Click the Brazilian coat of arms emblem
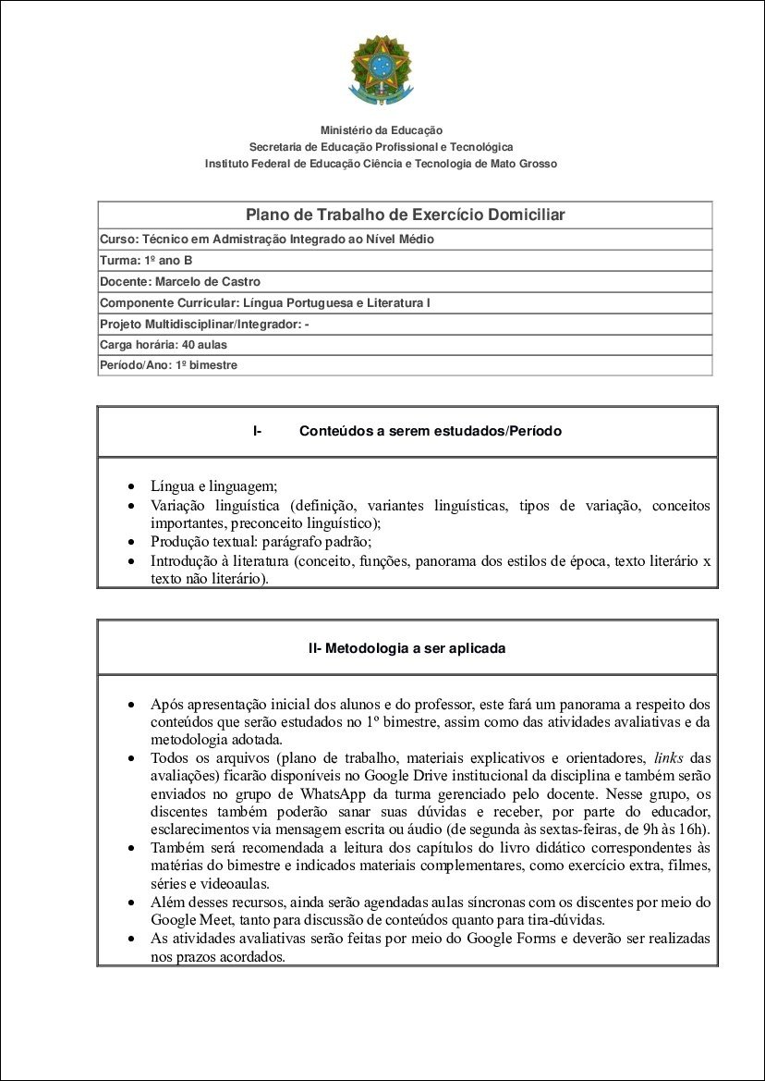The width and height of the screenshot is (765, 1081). click(381, 69)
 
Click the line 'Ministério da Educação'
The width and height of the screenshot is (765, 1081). click(381, 130)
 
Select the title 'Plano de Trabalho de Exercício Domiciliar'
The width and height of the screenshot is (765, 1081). click(405, 215)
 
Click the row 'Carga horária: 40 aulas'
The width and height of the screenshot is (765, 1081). click(163, 344)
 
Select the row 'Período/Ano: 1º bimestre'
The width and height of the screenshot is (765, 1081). click(168, 365)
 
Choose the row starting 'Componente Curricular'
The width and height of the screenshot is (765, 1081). click(265, 302)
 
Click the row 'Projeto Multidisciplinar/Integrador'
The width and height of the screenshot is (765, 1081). click(204, 324)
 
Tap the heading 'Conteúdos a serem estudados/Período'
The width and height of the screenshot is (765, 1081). click(430, 431)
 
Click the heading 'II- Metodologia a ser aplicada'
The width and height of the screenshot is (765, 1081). click(407, 648)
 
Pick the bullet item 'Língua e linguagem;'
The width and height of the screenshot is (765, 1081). click(213, 486)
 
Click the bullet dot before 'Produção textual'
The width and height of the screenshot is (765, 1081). click(131, 543)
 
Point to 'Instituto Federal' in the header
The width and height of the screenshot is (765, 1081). click(248, 164)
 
